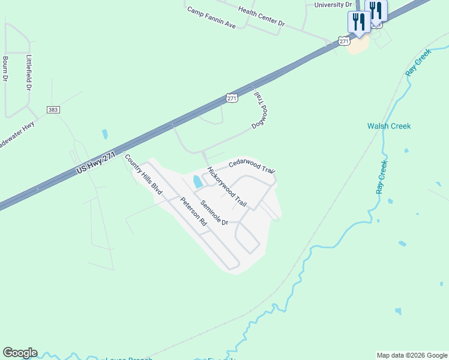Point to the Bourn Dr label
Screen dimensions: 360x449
coord(5,69)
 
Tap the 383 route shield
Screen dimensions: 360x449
coord(52,110)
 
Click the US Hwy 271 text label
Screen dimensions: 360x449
coord(96,163)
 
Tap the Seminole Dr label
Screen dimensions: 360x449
coord(214,212)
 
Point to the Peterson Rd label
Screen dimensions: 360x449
coord(193,211)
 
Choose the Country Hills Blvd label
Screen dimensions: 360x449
coord(143,174)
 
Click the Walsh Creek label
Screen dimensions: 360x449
coord(389,126)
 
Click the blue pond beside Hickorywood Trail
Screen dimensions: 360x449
coord(197,181)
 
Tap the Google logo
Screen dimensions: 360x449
coord(20,353)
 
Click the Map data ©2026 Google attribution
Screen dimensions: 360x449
coord(411,355)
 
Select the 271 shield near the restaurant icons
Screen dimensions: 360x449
coord(343,41)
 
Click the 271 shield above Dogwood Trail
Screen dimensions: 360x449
coord(232,98)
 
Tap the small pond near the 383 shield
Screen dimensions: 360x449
coord(105,134)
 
